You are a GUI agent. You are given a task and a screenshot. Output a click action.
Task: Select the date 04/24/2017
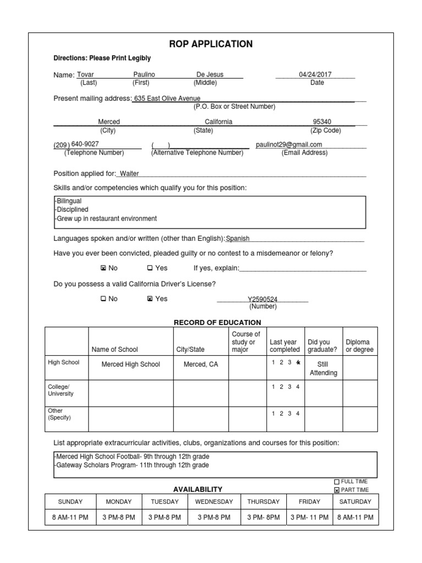tap(315, 75)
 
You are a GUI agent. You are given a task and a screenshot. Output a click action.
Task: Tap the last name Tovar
tap(85, 75)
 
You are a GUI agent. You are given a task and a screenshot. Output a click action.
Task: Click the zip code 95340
tap(322, 122)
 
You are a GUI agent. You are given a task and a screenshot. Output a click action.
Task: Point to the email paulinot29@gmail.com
tap(289, 145)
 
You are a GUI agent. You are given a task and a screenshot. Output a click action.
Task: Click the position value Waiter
tap(129, 174)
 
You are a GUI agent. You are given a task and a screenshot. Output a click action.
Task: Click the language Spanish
tap(238, 239)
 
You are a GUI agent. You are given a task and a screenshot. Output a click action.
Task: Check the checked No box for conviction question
tap(103, 268)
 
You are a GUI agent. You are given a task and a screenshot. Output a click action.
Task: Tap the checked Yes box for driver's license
tap(150, 299)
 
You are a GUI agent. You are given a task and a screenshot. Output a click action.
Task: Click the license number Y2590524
tap(263, 300)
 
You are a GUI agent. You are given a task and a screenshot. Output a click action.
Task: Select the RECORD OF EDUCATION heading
tap(217, 323)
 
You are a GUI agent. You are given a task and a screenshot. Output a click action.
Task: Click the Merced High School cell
tap(131, 365)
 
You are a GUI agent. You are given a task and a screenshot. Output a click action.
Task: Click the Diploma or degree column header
tap(359, 345)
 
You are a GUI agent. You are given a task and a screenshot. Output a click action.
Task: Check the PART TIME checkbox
tap(337, 490)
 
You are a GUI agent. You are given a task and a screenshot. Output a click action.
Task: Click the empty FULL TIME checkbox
tap(337, 482)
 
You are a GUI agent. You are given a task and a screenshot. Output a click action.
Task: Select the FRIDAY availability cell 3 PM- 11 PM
tap(309, 517)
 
